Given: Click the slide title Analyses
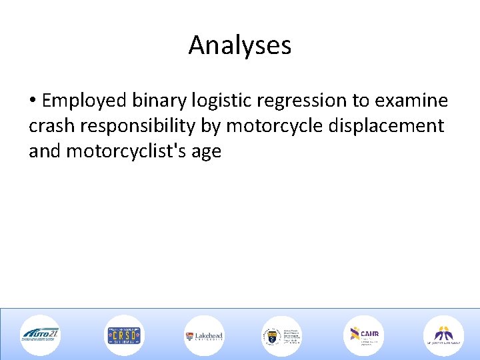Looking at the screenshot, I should point(240,45).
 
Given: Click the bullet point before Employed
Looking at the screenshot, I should point(33,101).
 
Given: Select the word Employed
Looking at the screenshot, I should point(84,101).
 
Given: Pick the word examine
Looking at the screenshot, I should point(411,101).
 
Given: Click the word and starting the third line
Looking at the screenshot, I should point(45,151).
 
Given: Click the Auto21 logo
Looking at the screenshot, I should point(40,335).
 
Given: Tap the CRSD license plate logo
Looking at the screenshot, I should point(123,335).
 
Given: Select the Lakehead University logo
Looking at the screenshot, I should point(204,335).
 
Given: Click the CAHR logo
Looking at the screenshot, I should point(363,335).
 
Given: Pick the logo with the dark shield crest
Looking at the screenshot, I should point(281,335).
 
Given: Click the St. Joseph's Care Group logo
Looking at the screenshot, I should point(443,335).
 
